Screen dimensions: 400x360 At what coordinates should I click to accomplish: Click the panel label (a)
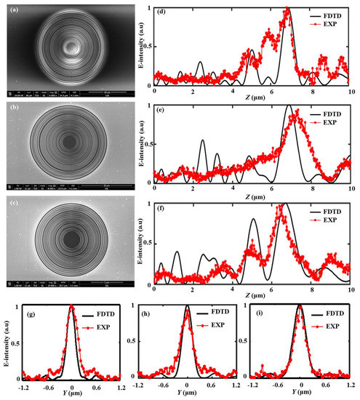12,10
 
